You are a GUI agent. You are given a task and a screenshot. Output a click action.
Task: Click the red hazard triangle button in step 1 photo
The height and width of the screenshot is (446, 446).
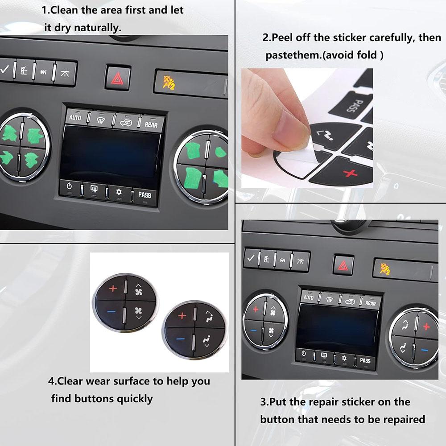118,77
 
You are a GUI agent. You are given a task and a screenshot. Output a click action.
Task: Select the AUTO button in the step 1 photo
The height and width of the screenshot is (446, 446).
75,117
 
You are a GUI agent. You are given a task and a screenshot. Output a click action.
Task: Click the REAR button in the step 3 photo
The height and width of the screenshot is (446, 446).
370,303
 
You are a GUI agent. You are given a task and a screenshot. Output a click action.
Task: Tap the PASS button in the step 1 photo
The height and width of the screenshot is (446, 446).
145,195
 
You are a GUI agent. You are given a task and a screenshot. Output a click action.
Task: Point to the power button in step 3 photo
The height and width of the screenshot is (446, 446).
303,354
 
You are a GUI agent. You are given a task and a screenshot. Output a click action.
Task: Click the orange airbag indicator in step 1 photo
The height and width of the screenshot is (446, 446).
169,83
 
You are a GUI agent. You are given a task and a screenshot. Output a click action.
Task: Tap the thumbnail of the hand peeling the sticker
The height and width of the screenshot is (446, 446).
307,128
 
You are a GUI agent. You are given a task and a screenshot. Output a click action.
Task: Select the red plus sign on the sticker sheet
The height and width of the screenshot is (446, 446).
350,173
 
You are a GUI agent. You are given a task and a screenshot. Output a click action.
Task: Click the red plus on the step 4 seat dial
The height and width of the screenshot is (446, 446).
182,315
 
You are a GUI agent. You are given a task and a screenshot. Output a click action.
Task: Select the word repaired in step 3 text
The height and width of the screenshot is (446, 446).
404,420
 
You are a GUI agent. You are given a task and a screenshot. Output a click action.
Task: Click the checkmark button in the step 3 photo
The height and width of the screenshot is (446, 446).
251,258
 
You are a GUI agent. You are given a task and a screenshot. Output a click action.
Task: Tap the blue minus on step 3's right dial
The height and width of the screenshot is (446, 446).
425,350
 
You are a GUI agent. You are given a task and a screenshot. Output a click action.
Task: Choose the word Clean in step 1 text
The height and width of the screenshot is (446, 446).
64,10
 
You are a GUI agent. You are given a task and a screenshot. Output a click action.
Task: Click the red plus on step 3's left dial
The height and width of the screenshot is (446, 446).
256,309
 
